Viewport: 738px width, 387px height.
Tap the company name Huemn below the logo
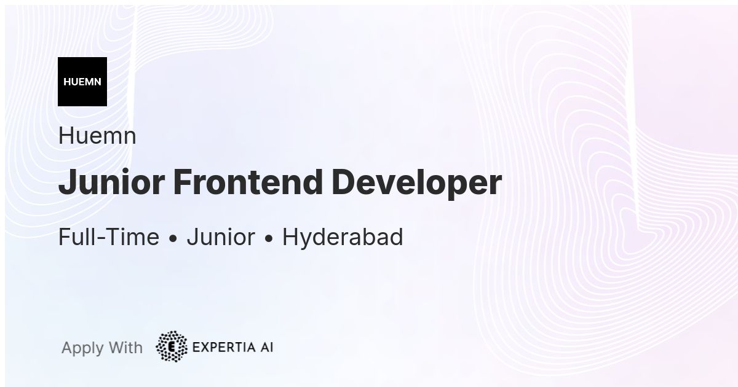(97, 136)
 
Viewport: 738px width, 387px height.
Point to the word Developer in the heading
(416, 182)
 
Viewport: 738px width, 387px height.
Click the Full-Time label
(108, 237)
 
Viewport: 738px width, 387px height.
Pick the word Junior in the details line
(220, 237)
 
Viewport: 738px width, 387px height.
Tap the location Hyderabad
(342, 237)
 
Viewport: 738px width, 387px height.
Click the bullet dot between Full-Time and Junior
(173, 239)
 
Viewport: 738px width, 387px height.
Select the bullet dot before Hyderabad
(268, 239)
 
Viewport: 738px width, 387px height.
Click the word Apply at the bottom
(82, 348)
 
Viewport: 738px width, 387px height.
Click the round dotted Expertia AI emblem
(172, 346)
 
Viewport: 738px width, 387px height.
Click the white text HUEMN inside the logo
(82, 82)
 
